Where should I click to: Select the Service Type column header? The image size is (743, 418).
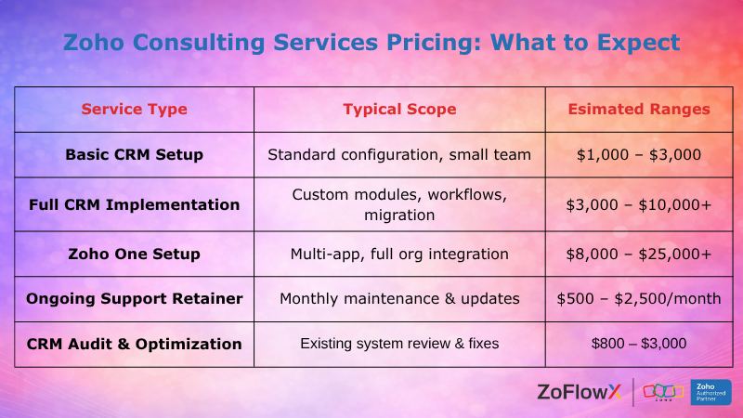(134, 109)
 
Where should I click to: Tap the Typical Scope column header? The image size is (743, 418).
(399, 109)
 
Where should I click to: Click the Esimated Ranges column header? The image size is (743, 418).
(639, 109)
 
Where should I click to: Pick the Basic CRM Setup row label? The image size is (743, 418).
(134, 154)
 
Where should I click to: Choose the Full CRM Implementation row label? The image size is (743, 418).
(134, 203)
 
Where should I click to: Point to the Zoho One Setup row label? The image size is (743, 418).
(134, 254)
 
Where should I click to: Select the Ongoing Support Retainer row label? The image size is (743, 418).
(134, 299)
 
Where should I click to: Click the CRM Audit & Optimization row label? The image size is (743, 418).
(134, 344)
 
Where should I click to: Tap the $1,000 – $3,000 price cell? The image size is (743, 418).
(639, 154)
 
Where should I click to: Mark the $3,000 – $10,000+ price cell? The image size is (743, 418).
(639, 203)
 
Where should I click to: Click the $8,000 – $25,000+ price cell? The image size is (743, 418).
(639, 254)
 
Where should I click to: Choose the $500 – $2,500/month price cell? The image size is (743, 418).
(639, 299)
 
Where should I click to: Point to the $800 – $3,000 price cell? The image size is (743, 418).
(639, 344)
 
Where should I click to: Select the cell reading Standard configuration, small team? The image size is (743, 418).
(399, 154)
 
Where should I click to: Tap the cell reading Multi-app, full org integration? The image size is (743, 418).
(399, 254)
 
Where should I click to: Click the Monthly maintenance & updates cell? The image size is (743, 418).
(399, 299)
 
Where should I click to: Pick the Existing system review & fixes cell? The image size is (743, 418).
(399, 344)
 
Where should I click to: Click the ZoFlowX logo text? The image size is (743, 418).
(579, 392)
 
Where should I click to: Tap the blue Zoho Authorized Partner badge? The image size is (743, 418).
(710, 392)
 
